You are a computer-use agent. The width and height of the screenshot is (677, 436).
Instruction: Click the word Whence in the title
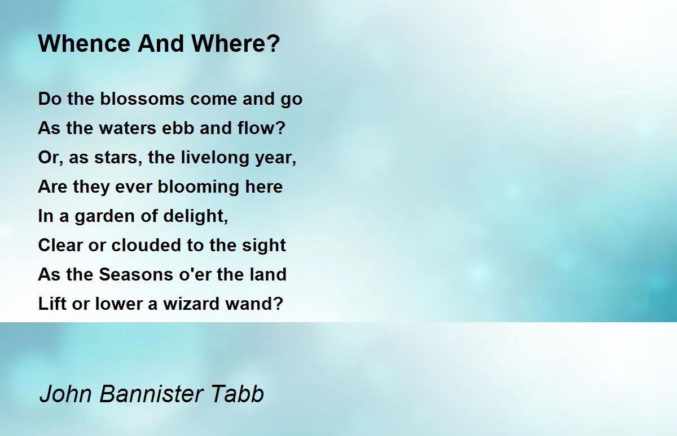click(84, 43)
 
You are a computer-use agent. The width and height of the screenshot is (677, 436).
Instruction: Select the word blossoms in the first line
click(142, 99)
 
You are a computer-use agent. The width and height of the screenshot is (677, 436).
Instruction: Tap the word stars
click(118, 158)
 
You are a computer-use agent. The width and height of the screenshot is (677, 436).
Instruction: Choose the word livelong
click(214, 158)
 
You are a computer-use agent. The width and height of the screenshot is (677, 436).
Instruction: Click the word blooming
click(198, 187)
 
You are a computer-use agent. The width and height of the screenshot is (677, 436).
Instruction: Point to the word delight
click(196, 216)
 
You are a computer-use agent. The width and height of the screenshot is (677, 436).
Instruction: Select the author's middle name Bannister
click(151, 393)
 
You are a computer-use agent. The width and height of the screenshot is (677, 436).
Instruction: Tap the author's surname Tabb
click(238, 393)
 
